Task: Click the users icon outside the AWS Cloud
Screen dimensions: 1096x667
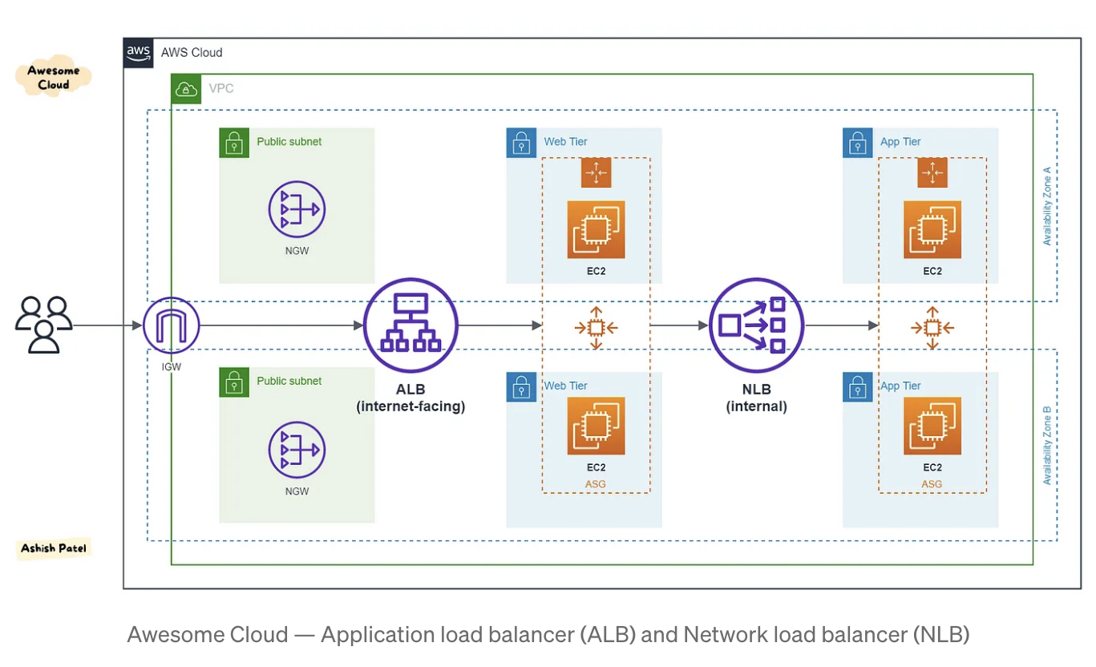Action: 44,325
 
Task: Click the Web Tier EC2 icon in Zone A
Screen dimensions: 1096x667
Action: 596,229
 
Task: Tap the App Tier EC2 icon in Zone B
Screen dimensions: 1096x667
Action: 932,426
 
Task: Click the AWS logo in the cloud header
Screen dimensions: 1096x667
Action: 139,53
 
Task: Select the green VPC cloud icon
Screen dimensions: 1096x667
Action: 186,89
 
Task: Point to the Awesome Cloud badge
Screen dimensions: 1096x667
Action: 54,77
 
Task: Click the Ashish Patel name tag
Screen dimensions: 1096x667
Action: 54,548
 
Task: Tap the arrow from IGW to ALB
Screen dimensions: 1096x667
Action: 281,325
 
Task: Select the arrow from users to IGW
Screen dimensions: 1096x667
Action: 107,325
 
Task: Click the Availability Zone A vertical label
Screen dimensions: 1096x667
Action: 1046,206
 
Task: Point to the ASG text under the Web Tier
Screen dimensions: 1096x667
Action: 596,484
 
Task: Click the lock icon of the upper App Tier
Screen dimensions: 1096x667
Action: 857,143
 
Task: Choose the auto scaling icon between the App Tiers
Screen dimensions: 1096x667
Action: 932,327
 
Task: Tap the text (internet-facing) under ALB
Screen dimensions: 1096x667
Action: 410,406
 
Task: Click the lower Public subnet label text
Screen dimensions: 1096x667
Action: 289,381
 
